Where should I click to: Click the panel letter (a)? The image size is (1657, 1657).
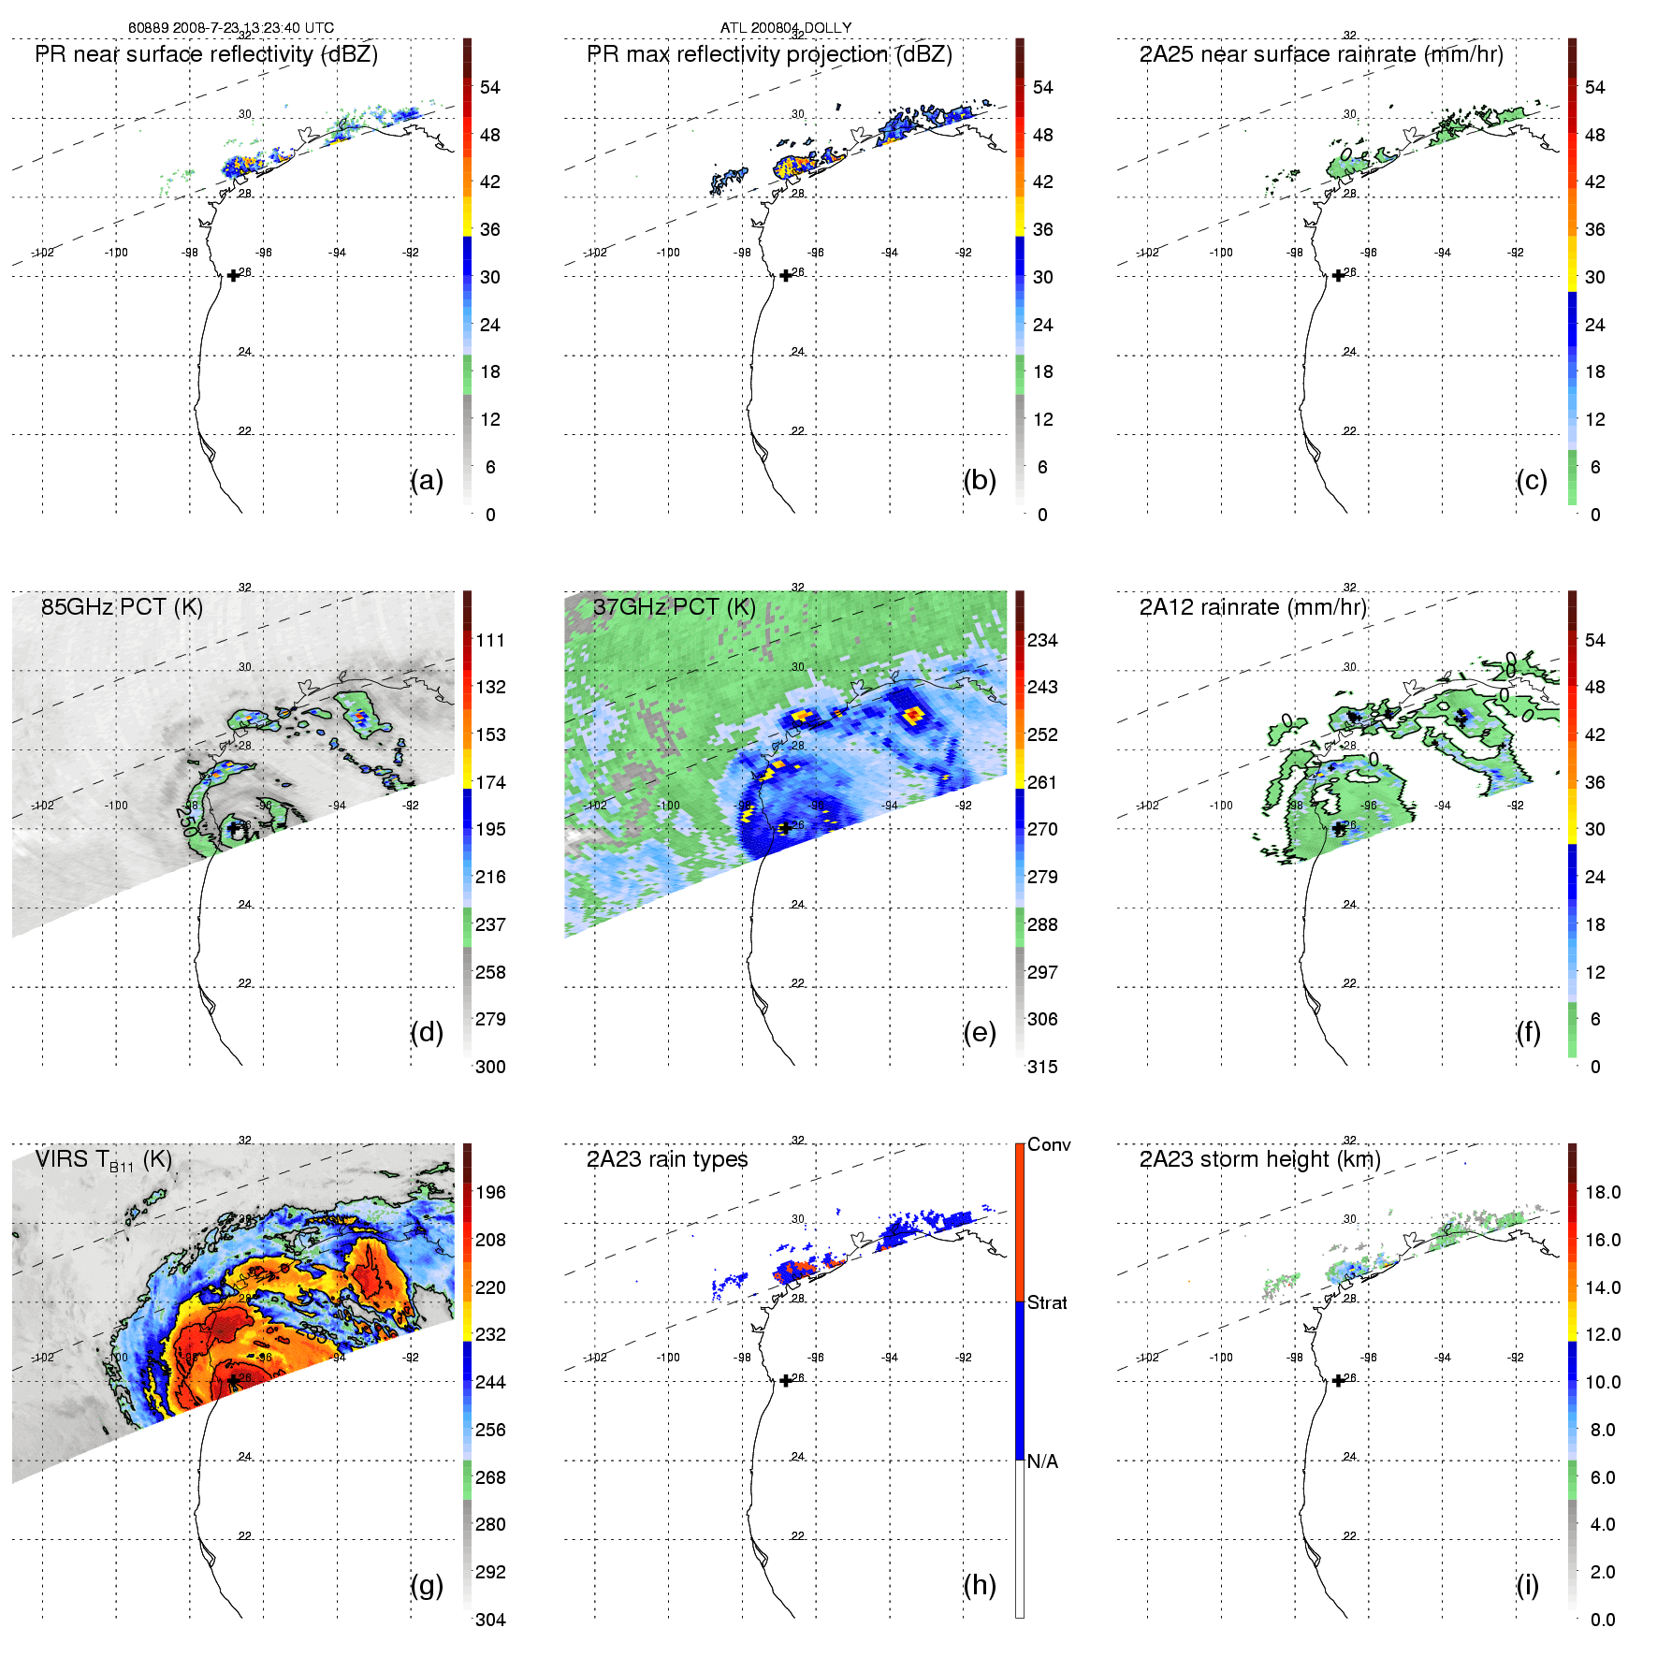pos(427,481)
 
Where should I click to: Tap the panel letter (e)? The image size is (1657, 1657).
pos(979,1033)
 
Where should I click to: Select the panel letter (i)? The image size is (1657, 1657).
pos(1527,1586)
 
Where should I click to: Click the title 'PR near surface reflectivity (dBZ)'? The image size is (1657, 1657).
pos(207,54)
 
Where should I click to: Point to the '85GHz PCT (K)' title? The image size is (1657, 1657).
pos(122,607)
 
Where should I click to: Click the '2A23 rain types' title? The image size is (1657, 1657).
pos(667,1160)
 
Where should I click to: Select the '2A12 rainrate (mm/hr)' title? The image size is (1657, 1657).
pos(1253,607)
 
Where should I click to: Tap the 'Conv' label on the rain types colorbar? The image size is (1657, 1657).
pos(1049,1145)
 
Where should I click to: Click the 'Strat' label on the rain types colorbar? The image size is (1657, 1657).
pos(1047,1303)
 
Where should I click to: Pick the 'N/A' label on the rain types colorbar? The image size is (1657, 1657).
pos(1042,1461)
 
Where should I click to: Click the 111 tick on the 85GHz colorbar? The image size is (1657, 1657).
pos(490,641)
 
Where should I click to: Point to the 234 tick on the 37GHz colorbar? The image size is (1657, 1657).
pos(1042,641)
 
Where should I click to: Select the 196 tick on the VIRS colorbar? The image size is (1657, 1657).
pos(490,1193)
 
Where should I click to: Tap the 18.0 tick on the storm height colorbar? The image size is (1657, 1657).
pos(1603,1193)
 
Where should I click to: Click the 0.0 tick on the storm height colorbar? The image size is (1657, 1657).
pos(1603,1620)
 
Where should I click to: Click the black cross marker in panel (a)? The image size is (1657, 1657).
pos(233,276)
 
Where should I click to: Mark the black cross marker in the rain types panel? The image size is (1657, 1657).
pos(786,1381)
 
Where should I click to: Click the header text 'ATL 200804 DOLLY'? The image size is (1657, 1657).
pos(786,28)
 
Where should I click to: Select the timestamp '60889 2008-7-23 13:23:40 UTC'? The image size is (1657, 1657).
pos(231,28)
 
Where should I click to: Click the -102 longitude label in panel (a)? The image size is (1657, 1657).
pos(43,253)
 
